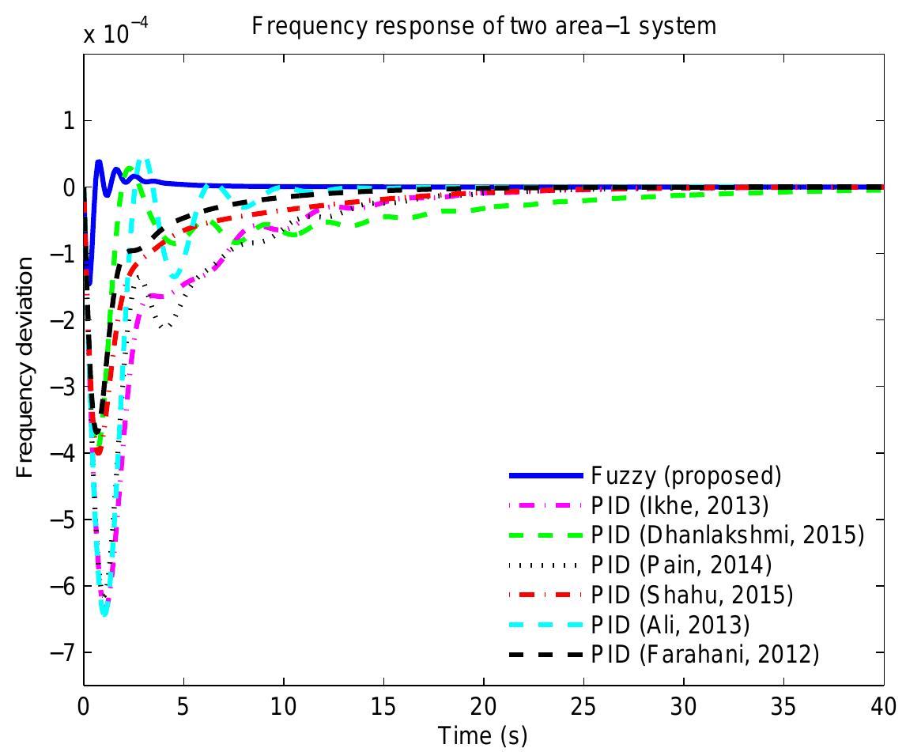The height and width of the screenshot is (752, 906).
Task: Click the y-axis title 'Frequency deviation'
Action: pyautogui.click(x=25, y=370)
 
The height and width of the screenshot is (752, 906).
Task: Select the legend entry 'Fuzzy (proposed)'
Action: pyautogui.click(x=685, y=476)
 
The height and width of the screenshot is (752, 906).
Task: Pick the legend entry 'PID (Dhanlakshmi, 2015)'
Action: pyautogui.click(x=727, y=535)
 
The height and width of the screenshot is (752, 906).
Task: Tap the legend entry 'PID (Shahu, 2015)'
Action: pyautogui.click(x=691, y=594)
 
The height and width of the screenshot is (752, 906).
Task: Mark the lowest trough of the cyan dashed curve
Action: pyautogui.click(x=104, y=614)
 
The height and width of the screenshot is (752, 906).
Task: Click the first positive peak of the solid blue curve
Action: pyautogui.click(x=99, y=162)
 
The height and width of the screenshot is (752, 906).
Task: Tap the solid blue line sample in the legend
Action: pyautogui.click(x=545, y=476)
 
